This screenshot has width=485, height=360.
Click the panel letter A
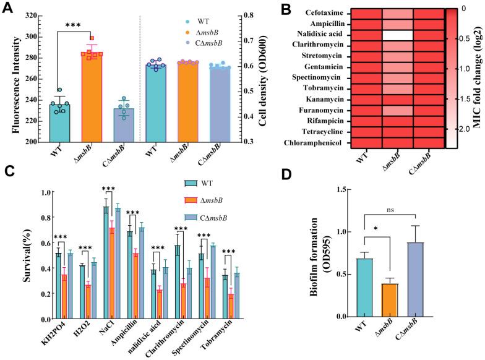point(7,7)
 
